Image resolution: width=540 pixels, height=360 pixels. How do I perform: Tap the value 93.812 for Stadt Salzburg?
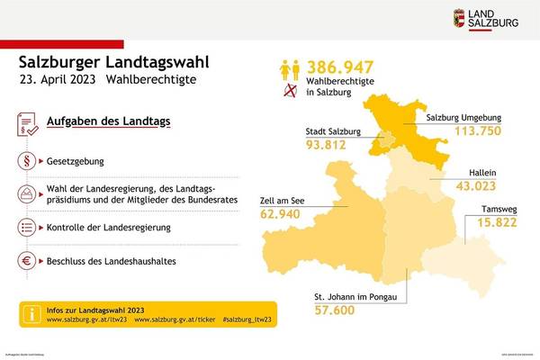point(330,147)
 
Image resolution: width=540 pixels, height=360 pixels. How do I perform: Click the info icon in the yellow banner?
point(30,314)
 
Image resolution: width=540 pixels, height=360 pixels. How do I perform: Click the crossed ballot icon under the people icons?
point(291,92)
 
